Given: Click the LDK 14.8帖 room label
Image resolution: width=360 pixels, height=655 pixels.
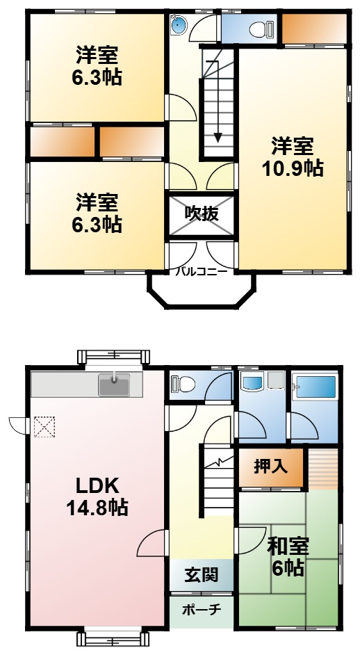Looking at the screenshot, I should (x=97, y=496).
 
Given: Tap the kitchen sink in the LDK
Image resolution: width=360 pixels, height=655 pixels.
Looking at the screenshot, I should (x=113, y=384).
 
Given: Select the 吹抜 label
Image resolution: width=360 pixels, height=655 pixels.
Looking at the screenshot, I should (x=202, y=213).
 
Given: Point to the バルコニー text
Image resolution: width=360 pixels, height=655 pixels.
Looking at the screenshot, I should (x=201, y=272).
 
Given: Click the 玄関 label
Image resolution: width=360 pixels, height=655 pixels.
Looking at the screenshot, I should (x=202, y=574).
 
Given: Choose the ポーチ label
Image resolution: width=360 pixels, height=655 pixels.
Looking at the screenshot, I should (x=202, y=610).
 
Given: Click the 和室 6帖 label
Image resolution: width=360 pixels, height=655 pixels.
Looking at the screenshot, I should (x=288, y=556).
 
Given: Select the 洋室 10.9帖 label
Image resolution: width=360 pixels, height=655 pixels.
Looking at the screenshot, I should (x=292, y=156).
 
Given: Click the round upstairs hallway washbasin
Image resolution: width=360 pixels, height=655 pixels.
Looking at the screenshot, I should (x=179, y=26).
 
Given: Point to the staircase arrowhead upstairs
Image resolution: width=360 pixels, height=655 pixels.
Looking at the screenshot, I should (x=218, y=136).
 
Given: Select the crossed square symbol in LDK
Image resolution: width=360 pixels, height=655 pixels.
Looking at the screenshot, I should (x=44, y=425).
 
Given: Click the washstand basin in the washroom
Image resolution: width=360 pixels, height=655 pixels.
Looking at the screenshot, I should (x=251, y=383).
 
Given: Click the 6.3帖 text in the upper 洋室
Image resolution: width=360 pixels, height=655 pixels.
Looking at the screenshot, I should (x=97, y=76).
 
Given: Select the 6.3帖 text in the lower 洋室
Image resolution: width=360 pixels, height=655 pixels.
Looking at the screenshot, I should (x=97, y=224).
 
